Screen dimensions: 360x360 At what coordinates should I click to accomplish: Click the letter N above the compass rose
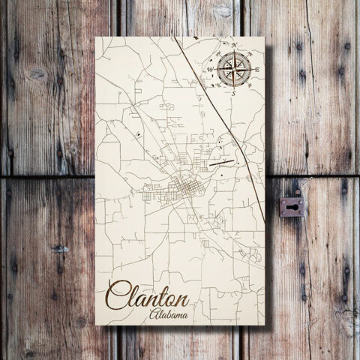235,46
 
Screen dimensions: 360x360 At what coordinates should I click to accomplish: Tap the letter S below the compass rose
232,94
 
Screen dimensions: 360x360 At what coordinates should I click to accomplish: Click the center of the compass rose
234,70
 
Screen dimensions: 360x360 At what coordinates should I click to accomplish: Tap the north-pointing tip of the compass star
234,53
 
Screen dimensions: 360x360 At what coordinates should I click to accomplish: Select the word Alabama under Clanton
169,313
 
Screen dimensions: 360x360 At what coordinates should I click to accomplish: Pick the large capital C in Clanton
118,291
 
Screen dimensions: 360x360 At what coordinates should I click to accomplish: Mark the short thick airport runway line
223,159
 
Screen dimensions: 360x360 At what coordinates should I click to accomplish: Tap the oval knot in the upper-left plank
35,73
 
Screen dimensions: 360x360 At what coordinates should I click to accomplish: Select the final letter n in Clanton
181,292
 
